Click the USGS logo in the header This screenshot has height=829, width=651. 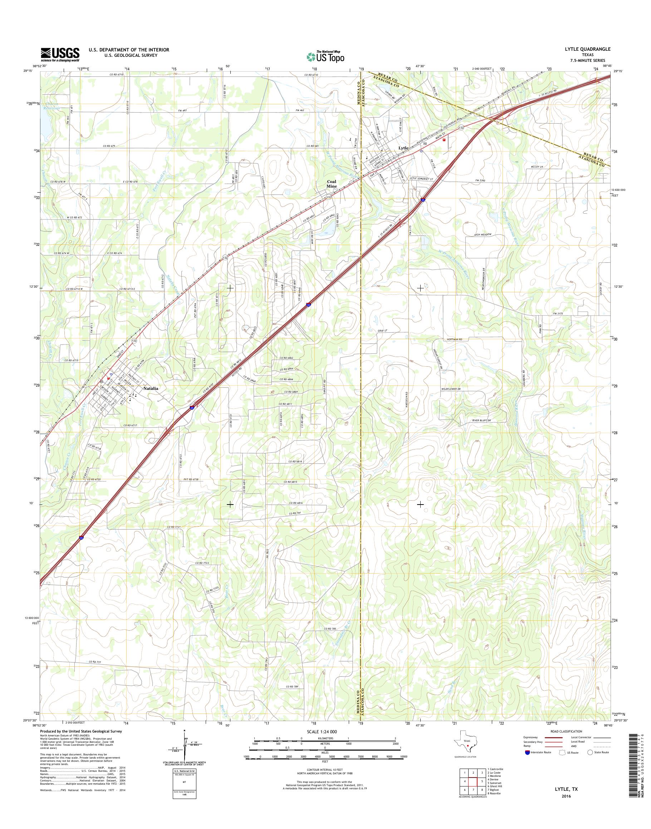pyautogui.click(x=60, y=54)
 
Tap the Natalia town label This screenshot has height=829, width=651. pyautogui.click(x=151, y=389)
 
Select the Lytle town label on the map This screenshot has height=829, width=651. pyautogui.click(x=403, y=148)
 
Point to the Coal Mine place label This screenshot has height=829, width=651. pyautogui.click(x=332, y=184)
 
